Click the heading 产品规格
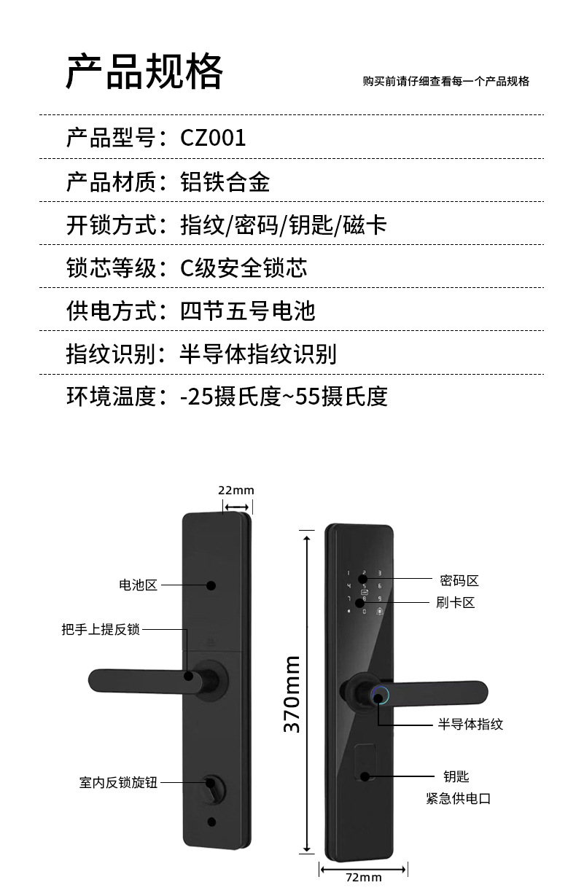tap(144, 72)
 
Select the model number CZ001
tap(213, 138)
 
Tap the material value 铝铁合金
tap(225, 181)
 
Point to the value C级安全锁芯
tap(244, 268)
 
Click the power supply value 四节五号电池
tap(247, 311)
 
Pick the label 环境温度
tap(111, 397)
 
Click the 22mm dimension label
tap(236, 491)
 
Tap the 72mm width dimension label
tap(363, 877)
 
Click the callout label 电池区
tap(138, 585)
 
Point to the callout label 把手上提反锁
tap(100, 629)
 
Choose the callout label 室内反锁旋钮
tap(118, 783)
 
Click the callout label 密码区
tap(459, 580)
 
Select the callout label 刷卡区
tap(456, 603)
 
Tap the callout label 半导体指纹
tap(470, 724)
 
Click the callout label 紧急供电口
tap(458, 798)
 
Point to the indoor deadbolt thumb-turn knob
tap(213, 787)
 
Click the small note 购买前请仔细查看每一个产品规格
tap(445, 82)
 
